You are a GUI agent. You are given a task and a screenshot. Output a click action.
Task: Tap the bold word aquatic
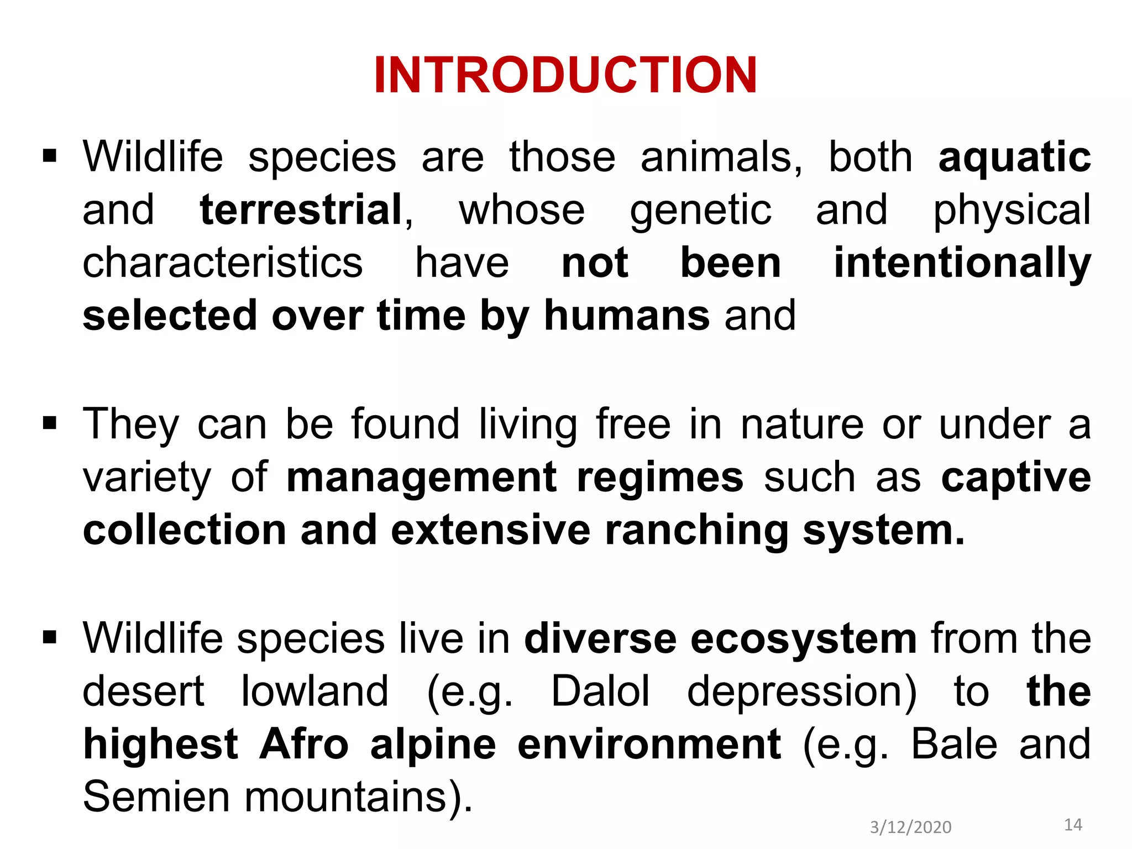pyautogui.click(x=1014, y=158)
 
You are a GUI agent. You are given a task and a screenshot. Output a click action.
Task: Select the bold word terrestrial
pyautogui.click(x=301, y=210)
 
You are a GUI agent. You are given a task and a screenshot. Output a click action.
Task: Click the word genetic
pyautogui.click(x=700, y=210)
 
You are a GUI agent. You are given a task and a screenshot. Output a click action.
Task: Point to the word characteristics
pyautogui.click(x=222, y=263)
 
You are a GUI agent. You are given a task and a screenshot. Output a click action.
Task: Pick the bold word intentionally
pyautogui.click(x=962, y=263)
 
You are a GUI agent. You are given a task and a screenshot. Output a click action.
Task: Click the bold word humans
pyautogui.click(x=627, y=316)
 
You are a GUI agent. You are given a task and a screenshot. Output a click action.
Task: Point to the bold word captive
pyautogui.click(x=1016, y=477)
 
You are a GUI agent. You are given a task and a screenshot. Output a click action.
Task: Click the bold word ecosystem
pyautogui.click(x=804, y=638)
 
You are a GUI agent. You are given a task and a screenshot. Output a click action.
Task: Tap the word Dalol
pyautogui.click(x=601, y=691)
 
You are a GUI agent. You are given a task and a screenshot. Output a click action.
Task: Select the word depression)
pyautogui.click(x=801, y=691)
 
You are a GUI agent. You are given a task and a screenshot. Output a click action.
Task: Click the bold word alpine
pyautogui.click(x=433, y=744)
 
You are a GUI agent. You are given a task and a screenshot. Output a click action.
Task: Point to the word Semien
pyautogui.click(x=156, y=796)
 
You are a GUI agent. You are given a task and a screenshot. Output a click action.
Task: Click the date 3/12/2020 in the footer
pyautogui.click(x=910, y=827)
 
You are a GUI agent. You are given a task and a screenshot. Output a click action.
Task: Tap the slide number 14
pyautogui.click(x=1073, y=825)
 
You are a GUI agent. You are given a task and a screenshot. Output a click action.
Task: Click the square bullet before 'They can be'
pyautogui.click(x=50, y=424)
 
